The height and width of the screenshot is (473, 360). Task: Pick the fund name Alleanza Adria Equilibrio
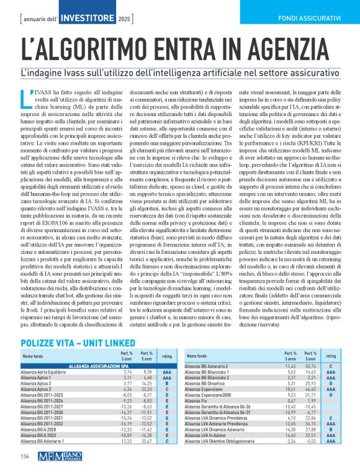click(x=47, y=372)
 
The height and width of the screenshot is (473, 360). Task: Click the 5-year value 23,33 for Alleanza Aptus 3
click(x=147, y=389)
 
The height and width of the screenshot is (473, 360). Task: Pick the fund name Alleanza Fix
click(x=199, y=400)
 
